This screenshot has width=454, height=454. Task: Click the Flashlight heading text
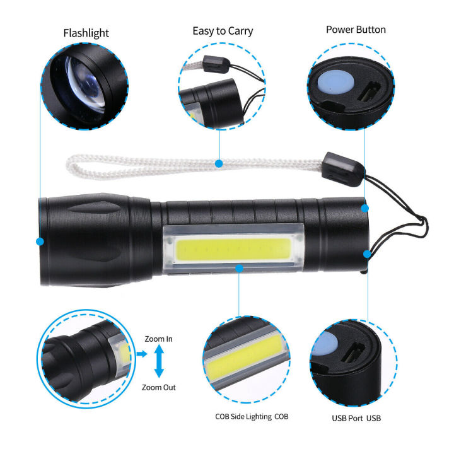(x=86, y=33)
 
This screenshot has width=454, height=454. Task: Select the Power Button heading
(x=356, y=30)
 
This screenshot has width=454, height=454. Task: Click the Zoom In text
(x=158, y=339)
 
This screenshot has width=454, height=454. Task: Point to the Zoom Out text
(x=158, y=388)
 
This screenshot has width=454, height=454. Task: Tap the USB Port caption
(x=356, y=418)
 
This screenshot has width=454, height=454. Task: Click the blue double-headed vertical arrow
(x=158, y=364)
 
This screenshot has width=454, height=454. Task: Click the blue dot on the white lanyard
(x=219, y=164)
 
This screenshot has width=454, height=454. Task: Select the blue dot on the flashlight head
(x=40, y=242)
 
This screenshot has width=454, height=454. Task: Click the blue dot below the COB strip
(x=240, y=268)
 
